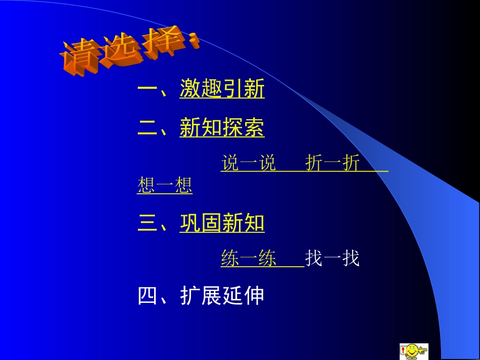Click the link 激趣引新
(x=222, y=89)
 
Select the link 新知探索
(x=222, y=129)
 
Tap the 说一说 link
(x=249, y=163)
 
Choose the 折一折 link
(x=332, y=163)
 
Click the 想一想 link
(x=165, y=186)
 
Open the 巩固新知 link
(x=222, y=223)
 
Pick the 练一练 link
(x=249, y=259)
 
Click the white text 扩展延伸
(x=222, y=296)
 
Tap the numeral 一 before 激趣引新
(x=148, y=89)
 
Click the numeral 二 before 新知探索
(x=148, y=129)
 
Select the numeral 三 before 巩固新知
(x=148, y=223)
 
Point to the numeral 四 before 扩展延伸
(x=148, y=296)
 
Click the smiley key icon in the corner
(x=414, y=351)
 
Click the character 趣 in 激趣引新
(x=211, y=89)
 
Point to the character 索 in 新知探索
(x=254, y=129)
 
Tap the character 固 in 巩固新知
(x=211, y=223)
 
